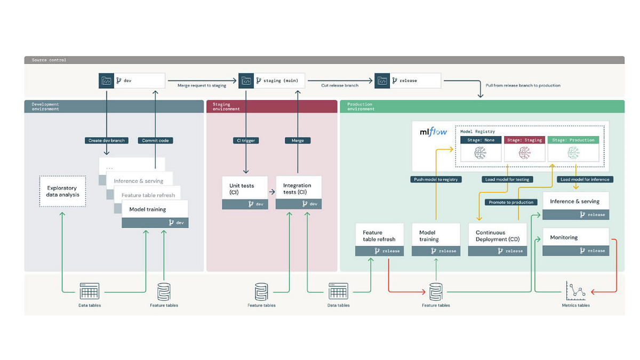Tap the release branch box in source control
coord(408,81)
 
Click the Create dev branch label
coord(107,141)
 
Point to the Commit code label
coord(155,141)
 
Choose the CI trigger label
coord(246,141)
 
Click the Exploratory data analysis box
coord(62,191)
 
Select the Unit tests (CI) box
coord(245,189)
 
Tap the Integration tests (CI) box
coord(299,189)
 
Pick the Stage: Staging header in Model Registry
coord(524,140)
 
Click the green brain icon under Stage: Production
coord(573,154)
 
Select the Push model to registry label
coord(436,179)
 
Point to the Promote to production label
coord(511,202)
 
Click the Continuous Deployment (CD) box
coord(498,236)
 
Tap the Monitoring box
coord(575,238)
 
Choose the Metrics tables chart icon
coord(575,291)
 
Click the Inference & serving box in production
coord(575,202)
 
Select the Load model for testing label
coord(507,179)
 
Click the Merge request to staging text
coord(202,85)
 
